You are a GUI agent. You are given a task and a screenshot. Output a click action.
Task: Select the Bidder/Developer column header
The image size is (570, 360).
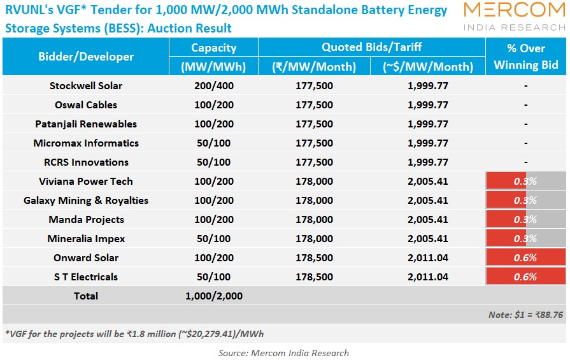click(86, 57)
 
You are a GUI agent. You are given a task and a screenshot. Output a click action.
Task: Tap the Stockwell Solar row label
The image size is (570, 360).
click(86, 86)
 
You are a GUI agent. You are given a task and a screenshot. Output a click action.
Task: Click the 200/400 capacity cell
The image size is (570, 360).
click(213, 86)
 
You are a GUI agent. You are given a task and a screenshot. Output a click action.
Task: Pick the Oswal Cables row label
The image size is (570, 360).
click(86, 105)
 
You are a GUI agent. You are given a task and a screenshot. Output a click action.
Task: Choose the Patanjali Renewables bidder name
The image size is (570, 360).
click(86, 124)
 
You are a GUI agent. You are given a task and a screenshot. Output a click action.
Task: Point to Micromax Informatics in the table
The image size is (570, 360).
click(86, 143)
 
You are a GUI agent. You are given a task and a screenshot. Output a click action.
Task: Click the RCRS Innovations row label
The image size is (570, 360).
click(86, 162)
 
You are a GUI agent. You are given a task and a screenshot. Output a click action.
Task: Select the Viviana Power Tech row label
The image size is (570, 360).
click(86, 182)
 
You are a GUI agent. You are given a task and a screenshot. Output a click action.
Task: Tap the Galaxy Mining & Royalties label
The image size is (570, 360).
click(86, 201)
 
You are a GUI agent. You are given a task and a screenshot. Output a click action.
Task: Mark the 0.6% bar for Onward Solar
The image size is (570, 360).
click(525, 258)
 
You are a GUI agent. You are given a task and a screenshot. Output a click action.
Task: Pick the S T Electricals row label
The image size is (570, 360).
click(86, 277)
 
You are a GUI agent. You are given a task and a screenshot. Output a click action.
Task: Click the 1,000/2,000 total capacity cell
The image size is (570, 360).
click(213, 296)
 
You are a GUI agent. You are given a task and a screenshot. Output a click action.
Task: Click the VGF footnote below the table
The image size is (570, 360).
click(134, 334)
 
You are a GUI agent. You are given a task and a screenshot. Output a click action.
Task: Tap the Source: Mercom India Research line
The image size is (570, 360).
click(283, 353)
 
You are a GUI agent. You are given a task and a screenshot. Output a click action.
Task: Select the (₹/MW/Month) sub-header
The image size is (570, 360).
click(314, 67)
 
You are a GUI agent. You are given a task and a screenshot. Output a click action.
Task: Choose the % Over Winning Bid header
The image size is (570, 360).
click(526, 57)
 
